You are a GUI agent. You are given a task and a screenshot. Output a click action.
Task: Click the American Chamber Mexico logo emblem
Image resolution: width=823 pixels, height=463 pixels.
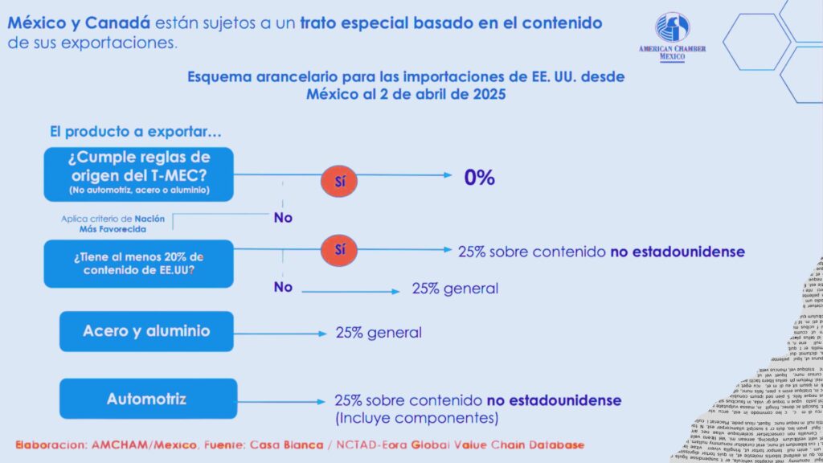[672, 27]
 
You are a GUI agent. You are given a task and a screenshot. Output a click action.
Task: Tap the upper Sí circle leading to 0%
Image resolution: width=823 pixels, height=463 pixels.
[340, 180]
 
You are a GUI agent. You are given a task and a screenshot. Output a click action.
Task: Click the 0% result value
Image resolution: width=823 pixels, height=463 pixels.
[479, 178]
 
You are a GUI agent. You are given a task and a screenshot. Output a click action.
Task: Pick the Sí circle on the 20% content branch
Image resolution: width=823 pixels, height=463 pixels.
[340, 250]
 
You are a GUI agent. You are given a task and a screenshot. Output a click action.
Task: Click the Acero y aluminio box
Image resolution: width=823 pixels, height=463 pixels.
[146, 331]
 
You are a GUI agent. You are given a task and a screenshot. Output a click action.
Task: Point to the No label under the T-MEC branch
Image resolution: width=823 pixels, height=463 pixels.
[282, 217]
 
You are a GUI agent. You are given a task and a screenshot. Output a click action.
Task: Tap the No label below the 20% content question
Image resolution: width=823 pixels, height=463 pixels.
[282, 287]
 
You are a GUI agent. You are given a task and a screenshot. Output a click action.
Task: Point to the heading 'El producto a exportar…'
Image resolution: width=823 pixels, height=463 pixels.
[135, 132]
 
